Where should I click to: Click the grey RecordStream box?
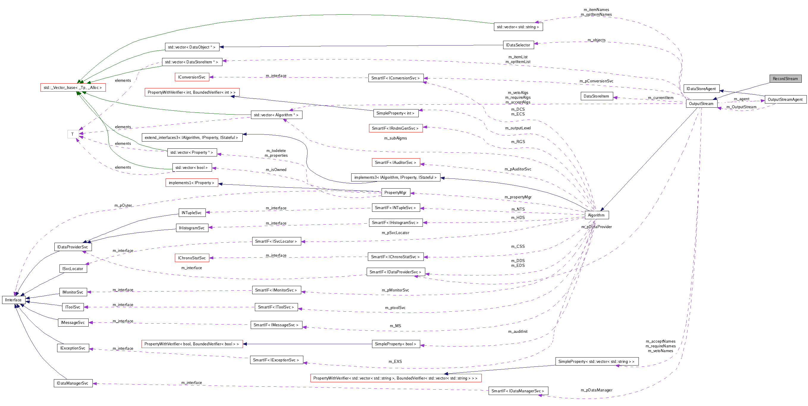(785, 79)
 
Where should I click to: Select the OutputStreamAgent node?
(785, 99)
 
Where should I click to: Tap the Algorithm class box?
(596, 215)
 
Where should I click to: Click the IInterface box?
(13, 300)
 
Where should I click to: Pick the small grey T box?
(73, 134)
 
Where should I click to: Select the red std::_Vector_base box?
(73, 87)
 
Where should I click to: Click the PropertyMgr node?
(395, 193)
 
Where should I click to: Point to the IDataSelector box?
(518, 45)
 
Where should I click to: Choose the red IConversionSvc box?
(192, 77)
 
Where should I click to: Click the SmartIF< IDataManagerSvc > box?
(518, 391)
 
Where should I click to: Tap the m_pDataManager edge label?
(596, 390)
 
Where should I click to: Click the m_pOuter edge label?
(123, 206)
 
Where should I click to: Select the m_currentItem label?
(660, 98)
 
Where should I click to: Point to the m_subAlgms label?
(395, 138)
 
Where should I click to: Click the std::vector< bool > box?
(192, 167)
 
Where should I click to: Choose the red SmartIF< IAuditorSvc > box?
(395, 162)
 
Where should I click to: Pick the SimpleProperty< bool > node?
(395, 344)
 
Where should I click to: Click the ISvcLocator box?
(73, 269)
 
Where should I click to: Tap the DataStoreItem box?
(596, 96)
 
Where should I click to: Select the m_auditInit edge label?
(517, 331)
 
